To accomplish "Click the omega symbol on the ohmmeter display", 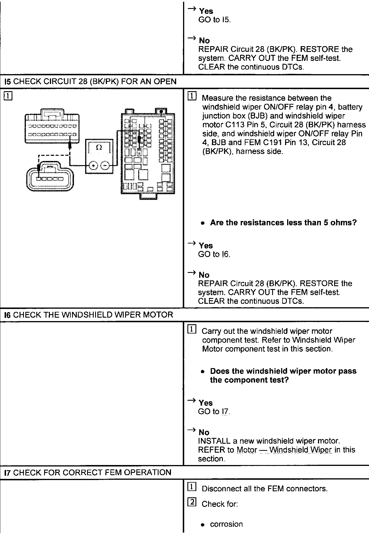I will click(x=99, y=147).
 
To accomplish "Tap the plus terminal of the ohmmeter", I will click(x=93, y=166).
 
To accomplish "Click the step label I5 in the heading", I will click(x=8, y=82).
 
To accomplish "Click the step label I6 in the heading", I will click(x=8, y=315).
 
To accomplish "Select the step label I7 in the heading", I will click(x=8, y=473).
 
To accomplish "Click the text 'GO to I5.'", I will click(x=214, y=20).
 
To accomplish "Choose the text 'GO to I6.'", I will click(x=214, y=254).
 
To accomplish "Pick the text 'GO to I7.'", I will click(x=214, y=411).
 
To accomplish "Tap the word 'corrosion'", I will click(x=226, y=524).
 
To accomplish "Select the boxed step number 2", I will click(x=192, y=503).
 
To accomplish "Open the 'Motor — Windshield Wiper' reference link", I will click(x=284, y=450).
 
